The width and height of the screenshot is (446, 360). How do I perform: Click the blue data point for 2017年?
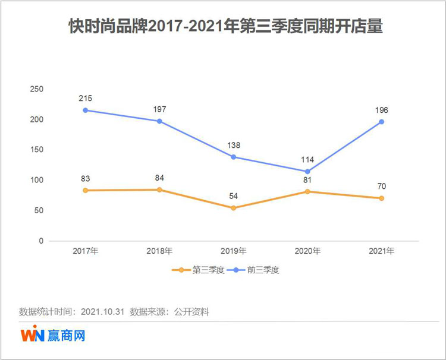86,110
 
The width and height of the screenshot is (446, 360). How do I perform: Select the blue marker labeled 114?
307,172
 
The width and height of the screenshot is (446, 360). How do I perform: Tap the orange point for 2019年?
234,208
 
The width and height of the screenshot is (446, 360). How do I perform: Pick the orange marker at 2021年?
382,198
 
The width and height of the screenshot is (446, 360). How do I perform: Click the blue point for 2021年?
382,122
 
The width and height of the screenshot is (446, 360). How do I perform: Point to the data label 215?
86,98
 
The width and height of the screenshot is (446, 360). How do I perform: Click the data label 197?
159,109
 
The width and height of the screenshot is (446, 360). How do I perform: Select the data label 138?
234,145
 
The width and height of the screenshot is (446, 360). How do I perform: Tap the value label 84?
159,178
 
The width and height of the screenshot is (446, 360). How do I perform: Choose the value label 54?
234,196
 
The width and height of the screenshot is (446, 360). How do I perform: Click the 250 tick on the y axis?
37,89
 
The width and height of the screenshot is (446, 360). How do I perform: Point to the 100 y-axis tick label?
37,180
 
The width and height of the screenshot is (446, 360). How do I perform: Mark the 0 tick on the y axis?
41,241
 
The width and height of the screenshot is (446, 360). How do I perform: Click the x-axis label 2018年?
159,251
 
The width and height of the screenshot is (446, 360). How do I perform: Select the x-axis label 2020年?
307,251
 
